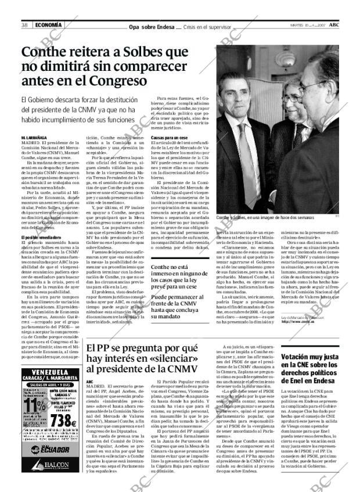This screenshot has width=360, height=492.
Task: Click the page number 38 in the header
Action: (x=25, y=25)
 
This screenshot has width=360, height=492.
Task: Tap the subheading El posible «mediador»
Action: (x=38, y=238)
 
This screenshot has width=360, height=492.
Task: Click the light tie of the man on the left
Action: (x=254, y=157)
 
